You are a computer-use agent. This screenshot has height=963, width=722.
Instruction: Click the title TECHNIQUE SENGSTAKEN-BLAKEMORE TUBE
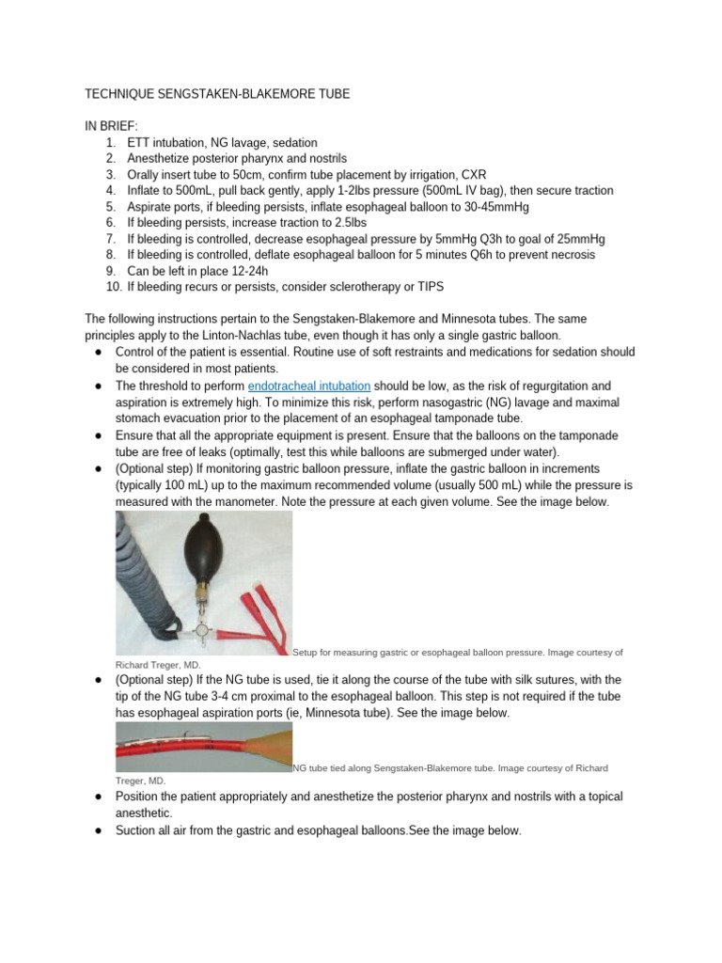point(218,95)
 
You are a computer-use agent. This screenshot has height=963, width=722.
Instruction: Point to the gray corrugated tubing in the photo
point(141,583)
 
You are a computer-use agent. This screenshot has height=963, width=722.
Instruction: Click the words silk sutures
point(551,679)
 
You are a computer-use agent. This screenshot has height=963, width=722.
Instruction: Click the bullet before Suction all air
point(99,831)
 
